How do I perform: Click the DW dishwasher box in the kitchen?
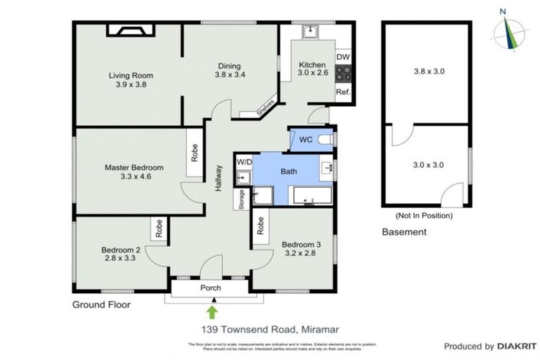click(x=342, y=57)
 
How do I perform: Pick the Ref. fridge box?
click(x=342, y=93)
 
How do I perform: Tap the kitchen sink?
click(x=309, y=32)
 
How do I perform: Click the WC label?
click(x=306, y=139)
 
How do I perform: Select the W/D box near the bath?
click(x=243, y=162)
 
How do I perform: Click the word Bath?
click(x=288, y=171)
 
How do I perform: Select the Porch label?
click(x=211, y=288)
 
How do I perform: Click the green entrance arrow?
click(x=212, y=310)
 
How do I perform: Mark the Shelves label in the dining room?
click(x=264, y=107)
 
